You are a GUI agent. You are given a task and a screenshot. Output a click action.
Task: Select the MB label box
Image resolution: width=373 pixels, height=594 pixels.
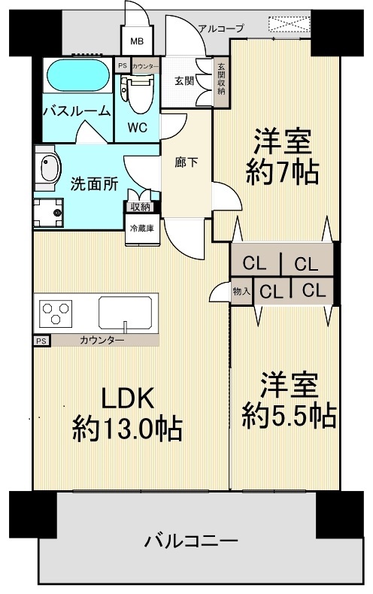point(136,40)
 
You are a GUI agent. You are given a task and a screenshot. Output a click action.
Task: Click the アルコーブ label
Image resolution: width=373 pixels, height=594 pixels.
point(221,29)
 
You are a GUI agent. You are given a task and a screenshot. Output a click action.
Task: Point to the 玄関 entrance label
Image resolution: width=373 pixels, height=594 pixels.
point(184,80)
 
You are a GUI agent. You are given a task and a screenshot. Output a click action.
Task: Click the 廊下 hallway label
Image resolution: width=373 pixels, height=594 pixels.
point(186,162)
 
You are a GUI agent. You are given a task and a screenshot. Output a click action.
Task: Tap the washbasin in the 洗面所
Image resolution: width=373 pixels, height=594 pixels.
point(48,168)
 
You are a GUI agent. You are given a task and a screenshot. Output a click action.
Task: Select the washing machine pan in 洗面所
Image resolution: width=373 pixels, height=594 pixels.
point(48,213)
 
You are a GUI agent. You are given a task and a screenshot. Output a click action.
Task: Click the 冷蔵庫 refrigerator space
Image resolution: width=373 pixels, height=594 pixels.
point(142,229)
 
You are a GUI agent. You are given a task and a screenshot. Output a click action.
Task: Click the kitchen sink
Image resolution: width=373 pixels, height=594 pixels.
point(127,313)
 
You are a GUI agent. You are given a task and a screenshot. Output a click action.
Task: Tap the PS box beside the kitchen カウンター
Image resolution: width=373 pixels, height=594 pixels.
point(41,341)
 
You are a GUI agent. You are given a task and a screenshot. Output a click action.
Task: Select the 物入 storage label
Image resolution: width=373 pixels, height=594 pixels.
point(241,291)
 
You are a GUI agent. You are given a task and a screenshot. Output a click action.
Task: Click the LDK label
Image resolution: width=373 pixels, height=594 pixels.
point(127,398)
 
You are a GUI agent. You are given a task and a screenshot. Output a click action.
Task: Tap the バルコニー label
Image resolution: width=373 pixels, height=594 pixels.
point(191,541)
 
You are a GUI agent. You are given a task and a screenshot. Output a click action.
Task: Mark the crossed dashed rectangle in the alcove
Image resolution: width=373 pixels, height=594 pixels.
point(287,24)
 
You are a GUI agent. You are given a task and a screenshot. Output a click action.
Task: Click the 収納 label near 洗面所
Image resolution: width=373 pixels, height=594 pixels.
point(141,208)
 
